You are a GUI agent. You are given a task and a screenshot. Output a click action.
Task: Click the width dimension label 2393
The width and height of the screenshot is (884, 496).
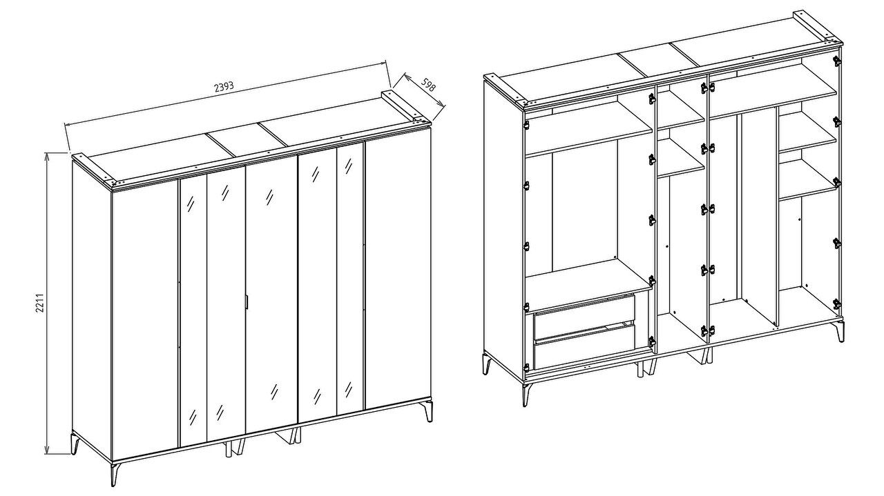click(x=224, y=86)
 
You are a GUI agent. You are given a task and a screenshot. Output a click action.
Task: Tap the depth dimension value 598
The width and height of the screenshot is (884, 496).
click(x=427, y=84)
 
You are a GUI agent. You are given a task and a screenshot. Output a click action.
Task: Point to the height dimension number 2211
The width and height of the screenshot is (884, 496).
click(x=39, y=302)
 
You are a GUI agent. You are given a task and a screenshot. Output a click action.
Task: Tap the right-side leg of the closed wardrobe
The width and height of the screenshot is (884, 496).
click(x=429, y=411)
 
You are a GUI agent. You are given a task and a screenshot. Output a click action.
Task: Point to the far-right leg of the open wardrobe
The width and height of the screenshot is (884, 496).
click(x=840, y=331)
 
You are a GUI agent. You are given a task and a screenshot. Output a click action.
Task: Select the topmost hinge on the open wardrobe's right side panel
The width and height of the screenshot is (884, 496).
click(x=836, y=60)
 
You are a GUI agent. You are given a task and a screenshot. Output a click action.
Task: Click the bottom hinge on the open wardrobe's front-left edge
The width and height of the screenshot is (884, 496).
click(x=526, y=368)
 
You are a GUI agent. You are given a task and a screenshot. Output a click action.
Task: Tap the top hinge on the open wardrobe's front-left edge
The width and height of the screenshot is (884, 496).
click(x=526, y=125)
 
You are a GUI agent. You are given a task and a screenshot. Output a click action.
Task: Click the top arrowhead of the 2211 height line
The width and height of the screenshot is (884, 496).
click(x=48, y=157)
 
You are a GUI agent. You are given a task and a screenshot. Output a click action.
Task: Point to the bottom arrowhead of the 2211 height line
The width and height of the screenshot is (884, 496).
click(x=48, y=450)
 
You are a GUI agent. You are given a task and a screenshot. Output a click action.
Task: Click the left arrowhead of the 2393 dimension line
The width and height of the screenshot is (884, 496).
click(x=68, y=125)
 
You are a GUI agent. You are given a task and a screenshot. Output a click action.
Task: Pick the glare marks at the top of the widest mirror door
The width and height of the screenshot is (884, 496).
click(x=270, y=197)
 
